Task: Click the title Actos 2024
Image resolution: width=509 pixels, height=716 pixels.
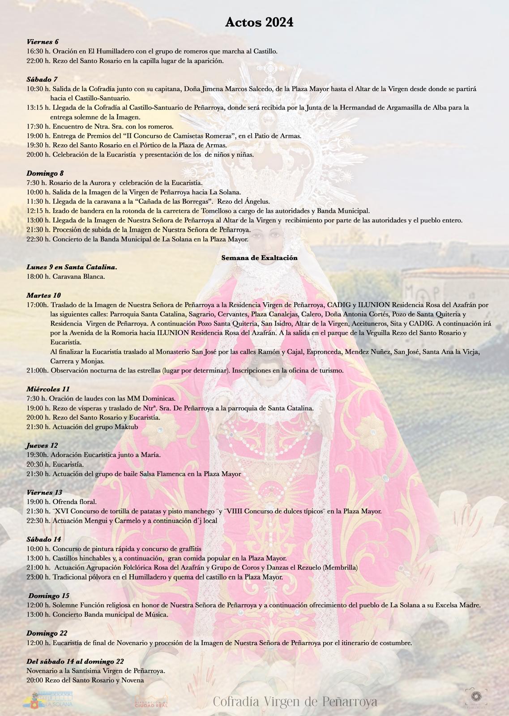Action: click(259, 22)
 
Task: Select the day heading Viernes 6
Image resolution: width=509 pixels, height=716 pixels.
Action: click(43, 42)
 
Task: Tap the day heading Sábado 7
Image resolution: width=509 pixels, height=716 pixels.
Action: click(42, 79)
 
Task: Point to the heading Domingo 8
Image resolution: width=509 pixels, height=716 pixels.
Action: click(45, 173)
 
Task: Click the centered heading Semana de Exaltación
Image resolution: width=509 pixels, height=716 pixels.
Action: click(259, 257)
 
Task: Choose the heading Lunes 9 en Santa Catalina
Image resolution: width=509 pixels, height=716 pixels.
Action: click(72, 267)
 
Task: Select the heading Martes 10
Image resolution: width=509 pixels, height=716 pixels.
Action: click(43, 295)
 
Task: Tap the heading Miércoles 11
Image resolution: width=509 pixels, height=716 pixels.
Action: click(48, 389)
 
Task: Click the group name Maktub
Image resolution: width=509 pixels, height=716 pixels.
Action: click(127, 427)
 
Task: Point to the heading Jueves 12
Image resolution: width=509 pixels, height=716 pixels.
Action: click(42, 446)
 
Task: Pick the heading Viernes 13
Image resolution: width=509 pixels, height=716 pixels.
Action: click(44, 493)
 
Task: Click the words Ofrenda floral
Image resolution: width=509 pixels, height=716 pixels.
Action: click(74, 502)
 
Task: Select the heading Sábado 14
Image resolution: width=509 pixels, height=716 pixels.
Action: click(44, 539)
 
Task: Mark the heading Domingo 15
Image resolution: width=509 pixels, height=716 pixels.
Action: click(49, 596)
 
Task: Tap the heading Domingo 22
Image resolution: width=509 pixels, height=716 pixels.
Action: click(47, 633)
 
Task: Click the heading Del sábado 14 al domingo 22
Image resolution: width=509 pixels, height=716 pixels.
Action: click(75, 661)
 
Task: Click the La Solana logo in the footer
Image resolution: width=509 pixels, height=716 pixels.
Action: click(47, 699)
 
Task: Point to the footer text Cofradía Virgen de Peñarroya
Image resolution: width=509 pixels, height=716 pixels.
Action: click(295, 702)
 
